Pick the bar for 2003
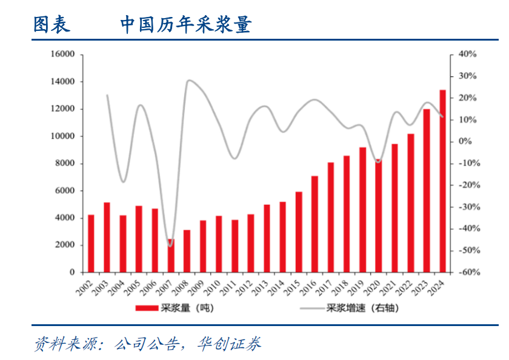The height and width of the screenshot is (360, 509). click(x=107, y=238)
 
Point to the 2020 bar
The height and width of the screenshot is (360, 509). click(x=379, y=216)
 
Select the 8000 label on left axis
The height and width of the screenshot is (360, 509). click(x=65, y=163)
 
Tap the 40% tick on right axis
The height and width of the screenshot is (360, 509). click(x=467, y=54)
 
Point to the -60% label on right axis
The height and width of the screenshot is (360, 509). click(x=467, y=272)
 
